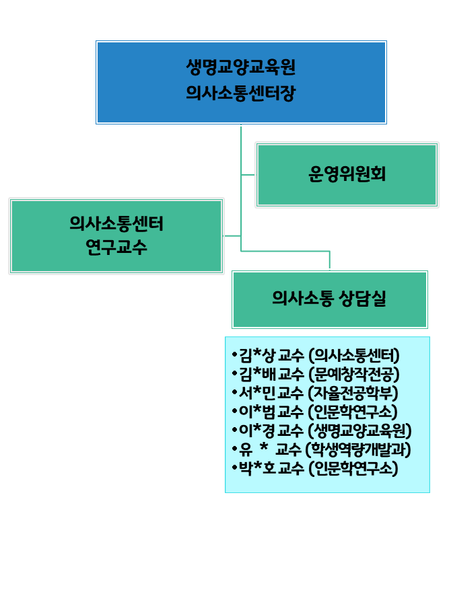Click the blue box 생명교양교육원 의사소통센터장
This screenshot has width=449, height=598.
pyautogui.click(x=241, y=82)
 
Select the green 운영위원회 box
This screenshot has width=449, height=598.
pyautogui.click(x=347, y=175)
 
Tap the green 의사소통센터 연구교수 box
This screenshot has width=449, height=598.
pyautogui.click(x=116, y=235)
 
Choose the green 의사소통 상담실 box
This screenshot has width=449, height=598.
pyautogui.click(x=329, y=299)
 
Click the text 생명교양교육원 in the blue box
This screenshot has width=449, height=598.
pyautogui.click(x=241, y=69)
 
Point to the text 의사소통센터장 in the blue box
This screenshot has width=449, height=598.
pyautogui.click(x=241, y=93)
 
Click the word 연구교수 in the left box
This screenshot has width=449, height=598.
pyautogui.click(x=116, y=248)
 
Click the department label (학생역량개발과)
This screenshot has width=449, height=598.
pyautogui.click(x=358, y=449)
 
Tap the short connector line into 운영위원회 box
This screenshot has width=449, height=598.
pyautogui.click(x=248, y=175)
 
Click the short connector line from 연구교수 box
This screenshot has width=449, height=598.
pyautogui.click(x=232, y=236)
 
